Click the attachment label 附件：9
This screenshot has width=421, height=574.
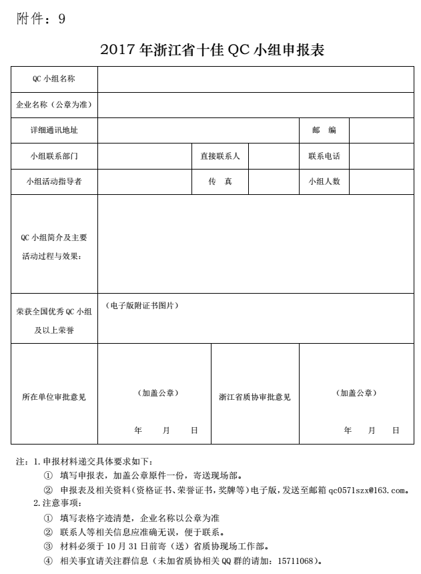tap(41, 19)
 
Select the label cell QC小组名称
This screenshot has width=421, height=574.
tap(54, 79)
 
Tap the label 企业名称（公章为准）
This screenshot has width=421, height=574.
tap(54, 105)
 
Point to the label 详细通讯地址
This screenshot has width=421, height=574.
tap(54, 130)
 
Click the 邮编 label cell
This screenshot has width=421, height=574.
tap(324, 130)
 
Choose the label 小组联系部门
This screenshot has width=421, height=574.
tap(54, 156)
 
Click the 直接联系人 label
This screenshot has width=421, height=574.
tap(220, 156)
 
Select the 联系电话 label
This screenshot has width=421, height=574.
tap(324, 156)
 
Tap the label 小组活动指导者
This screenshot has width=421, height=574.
tap(54, 182)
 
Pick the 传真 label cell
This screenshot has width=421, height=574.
tap(220, 182)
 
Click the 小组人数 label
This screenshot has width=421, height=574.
tap(324, 182)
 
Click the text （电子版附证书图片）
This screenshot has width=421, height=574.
tap(142, 305)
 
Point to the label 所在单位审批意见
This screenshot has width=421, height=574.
tap(54, 397)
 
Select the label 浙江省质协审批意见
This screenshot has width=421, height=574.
tap(255, 397)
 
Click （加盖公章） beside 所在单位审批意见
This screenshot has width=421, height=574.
tap(157, 393)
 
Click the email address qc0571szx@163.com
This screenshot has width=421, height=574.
tap(367, 491)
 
